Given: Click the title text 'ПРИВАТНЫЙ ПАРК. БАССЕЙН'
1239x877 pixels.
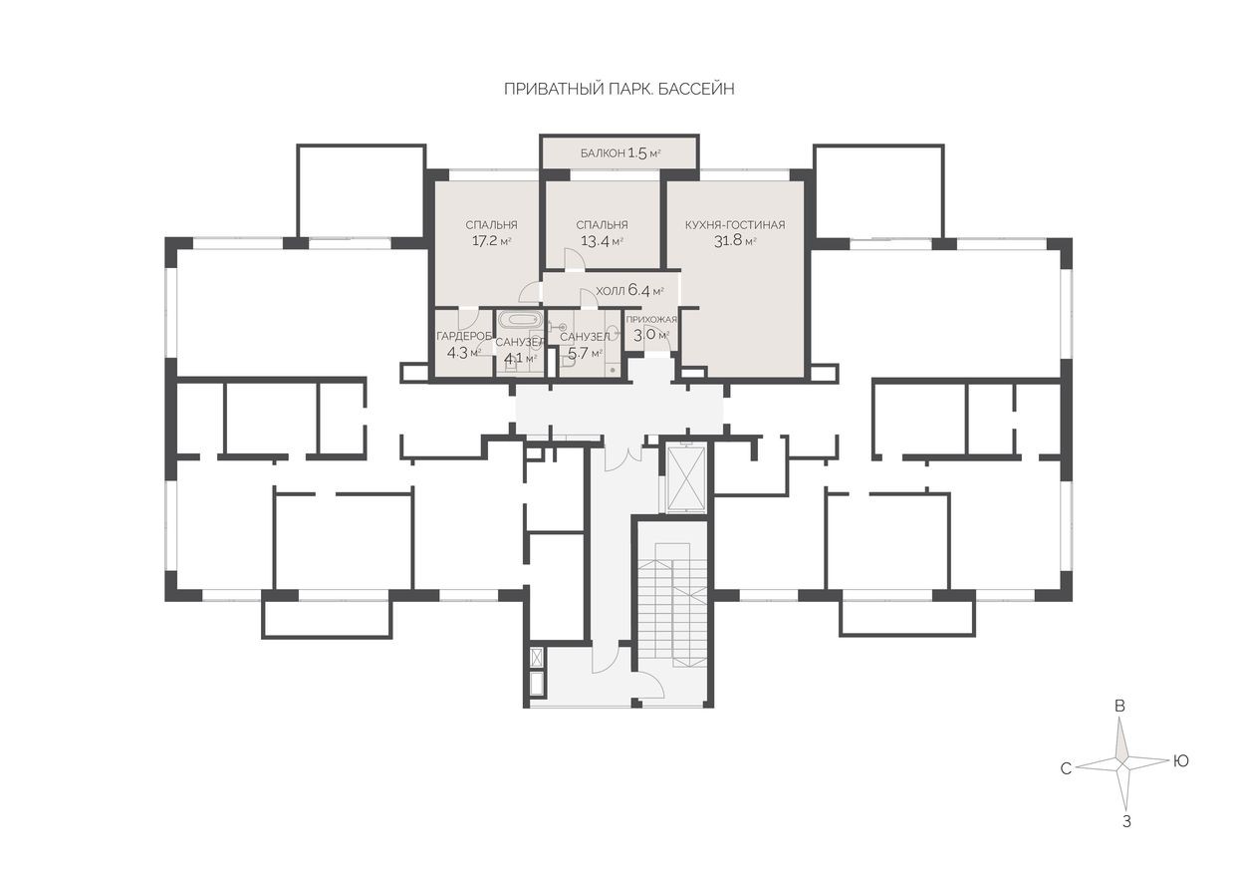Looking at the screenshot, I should point(619,90).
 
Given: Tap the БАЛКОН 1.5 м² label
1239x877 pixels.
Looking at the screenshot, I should point(620,153).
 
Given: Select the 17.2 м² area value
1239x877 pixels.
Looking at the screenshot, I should point(490,241).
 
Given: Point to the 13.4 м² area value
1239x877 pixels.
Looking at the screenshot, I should point(602,241).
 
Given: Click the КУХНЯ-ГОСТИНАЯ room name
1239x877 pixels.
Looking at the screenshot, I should point(734,225).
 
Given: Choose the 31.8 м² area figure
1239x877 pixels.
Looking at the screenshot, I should point(734,241).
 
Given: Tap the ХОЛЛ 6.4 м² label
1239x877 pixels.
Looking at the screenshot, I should point(628,291).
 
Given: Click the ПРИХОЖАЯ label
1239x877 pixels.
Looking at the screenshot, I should point(651,319).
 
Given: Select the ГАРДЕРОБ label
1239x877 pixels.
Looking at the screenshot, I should point(464,336).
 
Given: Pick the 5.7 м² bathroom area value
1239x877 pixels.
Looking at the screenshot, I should point(584,353).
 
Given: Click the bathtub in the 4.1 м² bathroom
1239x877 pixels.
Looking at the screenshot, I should point(519,322).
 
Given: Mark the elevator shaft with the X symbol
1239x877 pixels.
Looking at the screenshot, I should point(685,477).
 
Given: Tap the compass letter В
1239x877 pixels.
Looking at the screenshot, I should point(1120,706).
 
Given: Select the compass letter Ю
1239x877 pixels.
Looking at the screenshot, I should point(1181,760).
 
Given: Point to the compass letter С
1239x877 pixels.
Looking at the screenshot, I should point(1065,768).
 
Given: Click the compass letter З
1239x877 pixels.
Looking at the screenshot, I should point(1126,823).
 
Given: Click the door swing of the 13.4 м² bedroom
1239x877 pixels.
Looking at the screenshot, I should point(575,259).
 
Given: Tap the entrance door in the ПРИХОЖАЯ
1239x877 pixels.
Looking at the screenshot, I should point(656,340).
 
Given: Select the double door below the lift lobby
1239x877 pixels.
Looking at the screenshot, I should point(619,456).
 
